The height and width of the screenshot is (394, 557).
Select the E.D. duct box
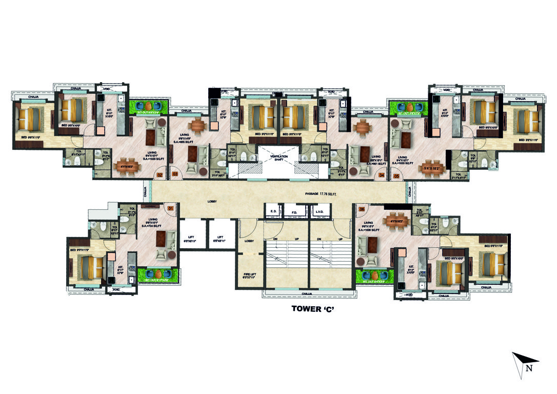273,211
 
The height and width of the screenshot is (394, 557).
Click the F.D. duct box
294,211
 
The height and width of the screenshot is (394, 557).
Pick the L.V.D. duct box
318,211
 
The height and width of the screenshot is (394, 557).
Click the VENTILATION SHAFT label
279,157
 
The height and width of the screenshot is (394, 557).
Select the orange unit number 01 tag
171,208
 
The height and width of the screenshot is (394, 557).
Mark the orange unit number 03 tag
175,175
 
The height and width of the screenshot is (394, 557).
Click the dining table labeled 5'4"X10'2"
431,168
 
